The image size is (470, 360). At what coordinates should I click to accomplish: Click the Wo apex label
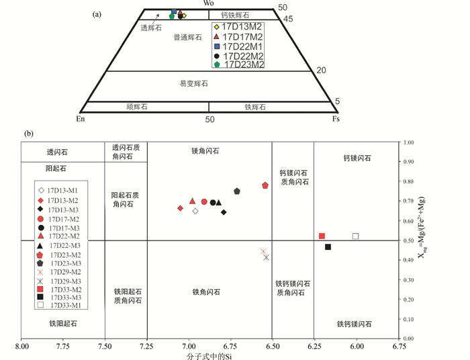coord(209,4)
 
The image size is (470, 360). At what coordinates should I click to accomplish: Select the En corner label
coord(81,119)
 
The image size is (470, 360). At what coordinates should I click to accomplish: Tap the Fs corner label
coord(336,119)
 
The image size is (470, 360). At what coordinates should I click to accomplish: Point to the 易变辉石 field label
coord(193,84)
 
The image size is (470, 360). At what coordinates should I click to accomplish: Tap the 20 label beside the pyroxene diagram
coord(321,70)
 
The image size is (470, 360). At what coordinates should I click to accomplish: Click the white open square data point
coord(356,236)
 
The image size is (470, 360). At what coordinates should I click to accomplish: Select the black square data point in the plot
coord(328,247)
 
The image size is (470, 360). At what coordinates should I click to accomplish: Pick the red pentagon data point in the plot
coord(265,185)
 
